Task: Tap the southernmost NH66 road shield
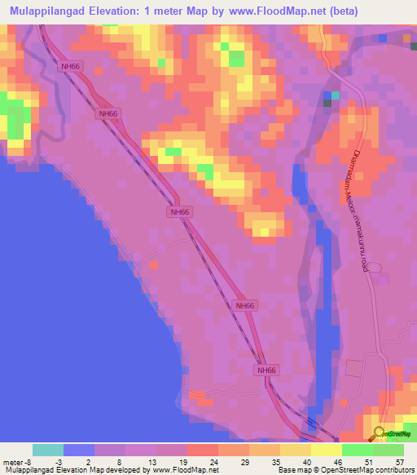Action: pyautogui.click(x=266, y=371)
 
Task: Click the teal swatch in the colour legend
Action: pyautogui.click(x=47, y=450)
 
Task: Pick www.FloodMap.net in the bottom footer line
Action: pyautogui.click(x=181, y=469)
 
